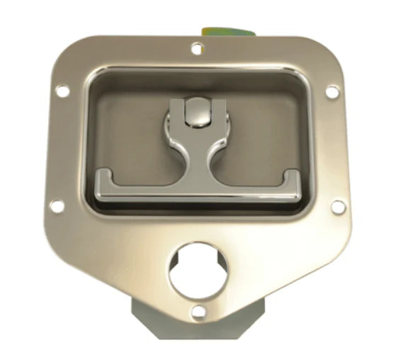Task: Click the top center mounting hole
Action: pos(198,49)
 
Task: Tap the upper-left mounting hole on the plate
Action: pos(62,91)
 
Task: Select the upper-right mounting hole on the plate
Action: pos(331,91)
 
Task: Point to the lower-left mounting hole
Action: pos(57,206)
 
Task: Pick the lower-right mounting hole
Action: pos(338,206)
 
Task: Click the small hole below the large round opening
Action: pos(198,310)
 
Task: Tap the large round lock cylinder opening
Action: pos(198,270)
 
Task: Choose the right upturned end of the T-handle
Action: pos(291,180)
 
